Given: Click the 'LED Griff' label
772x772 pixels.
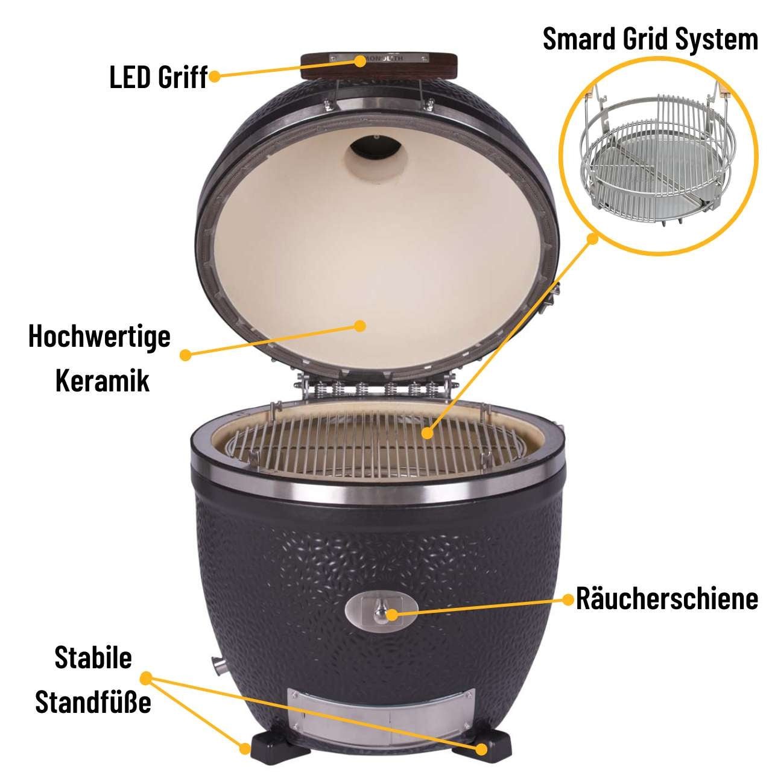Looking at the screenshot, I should [x=158, y=77].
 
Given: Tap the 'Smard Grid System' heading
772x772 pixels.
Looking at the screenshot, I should [x=650, y=39].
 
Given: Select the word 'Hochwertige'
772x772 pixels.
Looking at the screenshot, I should [x=100, y=337].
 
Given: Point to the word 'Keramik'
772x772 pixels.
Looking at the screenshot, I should [x=103, y=381].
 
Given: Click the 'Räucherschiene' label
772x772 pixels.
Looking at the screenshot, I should [x=667, y=598].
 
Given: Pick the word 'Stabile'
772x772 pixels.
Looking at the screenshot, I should [x=93, y=657].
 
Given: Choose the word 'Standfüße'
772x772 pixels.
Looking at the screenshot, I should [x=93, y=702].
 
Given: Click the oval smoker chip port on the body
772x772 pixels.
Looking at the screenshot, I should [x=381, y=613].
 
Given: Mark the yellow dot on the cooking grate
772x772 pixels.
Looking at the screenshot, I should [x=428, y=432].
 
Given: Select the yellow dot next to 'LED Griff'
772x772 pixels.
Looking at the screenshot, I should [x=213, y=77].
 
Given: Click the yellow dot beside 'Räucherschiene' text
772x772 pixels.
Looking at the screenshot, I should [x=568, y=599].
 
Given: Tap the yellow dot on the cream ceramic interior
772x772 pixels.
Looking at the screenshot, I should [x=360, y=326].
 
